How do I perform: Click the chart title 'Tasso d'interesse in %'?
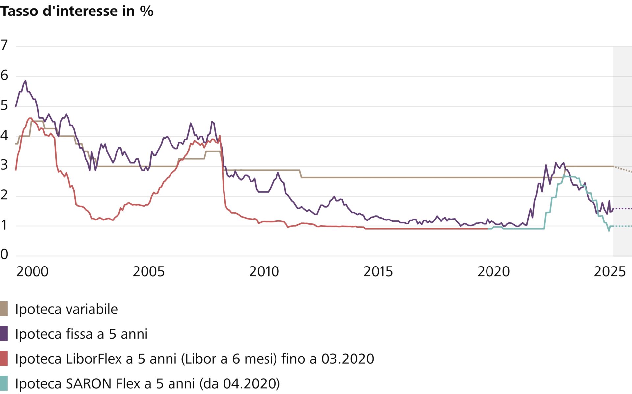coord(77,11)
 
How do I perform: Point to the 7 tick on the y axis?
coord(4,45)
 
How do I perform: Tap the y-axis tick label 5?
coord(4,105)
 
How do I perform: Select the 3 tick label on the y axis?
coord(4,165)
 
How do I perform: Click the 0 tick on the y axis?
coord(4,254)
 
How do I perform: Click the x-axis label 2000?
coord(32,272)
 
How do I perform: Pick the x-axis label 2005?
coord(148,272)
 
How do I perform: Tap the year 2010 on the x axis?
coord(264,272)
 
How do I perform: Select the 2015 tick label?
coord(378,272)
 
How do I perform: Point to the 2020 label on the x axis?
coord(493,272)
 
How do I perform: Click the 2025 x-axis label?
coord(610,272)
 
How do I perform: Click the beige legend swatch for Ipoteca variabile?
coord(4,309)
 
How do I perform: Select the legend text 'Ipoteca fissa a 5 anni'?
coord(81,334)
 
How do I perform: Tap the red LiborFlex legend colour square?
coord(4,359)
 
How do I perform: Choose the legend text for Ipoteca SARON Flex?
coord(147,383)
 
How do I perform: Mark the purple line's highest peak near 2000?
coord(25,81)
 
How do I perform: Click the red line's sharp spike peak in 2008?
coord(220,136)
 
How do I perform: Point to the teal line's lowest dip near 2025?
coord(609,230)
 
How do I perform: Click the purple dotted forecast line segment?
coord(622,209)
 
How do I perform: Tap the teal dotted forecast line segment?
coord(622,226)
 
